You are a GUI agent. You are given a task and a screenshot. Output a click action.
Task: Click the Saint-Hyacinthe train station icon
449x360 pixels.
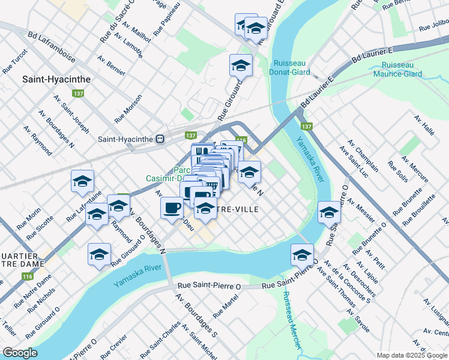click(x=160, y=139)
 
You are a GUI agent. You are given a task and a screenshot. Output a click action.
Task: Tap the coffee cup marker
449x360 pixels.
click(x=172, y=208)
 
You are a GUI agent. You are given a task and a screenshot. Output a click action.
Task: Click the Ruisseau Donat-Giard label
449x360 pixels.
click(x=292, y=68)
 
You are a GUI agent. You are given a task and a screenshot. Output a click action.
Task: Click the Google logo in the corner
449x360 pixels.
click(x=20, y=353)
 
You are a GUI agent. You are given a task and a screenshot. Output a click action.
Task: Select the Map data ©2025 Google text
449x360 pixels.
click(x=412, y=355)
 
